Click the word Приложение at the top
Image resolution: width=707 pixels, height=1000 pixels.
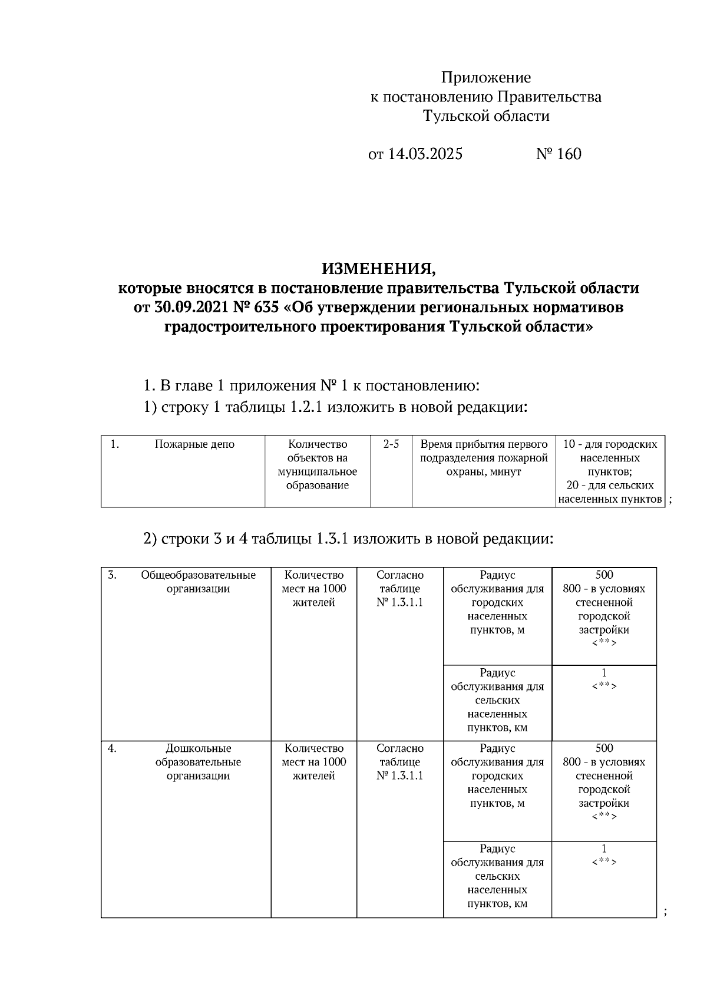tap(486, 77)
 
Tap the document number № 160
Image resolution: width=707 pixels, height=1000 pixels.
tap(558, 154)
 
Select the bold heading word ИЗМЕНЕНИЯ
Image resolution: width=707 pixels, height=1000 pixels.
tap(379, 269)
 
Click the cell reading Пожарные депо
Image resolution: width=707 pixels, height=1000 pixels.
tap(194, 444)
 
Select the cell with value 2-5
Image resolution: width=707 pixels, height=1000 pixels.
tap(391, 444)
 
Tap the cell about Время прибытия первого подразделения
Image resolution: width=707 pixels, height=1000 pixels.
tap(484, 458)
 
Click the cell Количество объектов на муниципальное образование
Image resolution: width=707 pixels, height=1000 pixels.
tap(318, 465)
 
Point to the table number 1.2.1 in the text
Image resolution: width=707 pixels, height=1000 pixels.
tap(306, 407)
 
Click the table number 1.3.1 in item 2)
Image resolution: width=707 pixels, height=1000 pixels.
tap(333, 539)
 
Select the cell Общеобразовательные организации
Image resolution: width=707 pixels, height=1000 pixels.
tap(198, 582)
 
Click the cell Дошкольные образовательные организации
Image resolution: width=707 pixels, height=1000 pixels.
tap(198, 762)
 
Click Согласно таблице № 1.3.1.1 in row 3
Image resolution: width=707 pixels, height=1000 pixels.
tap(400, 589)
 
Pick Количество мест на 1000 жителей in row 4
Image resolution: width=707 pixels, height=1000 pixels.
tap(313, 762)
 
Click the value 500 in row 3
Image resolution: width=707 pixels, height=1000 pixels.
tap(604, 575)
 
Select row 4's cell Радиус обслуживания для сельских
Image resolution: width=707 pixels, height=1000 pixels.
tap(497, 876)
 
